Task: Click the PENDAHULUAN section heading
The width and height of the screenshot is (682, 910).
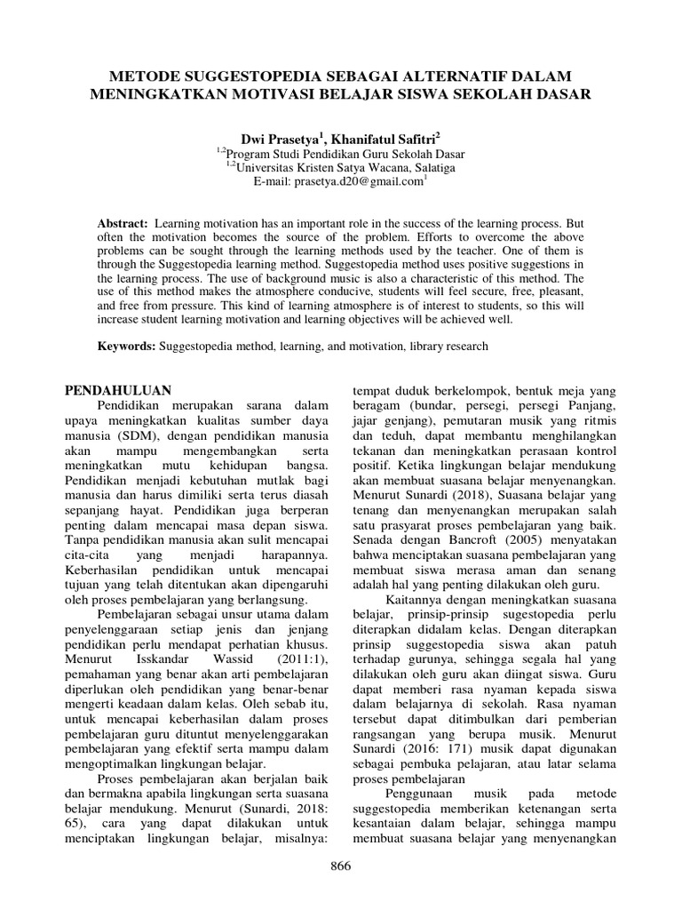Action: point(120,390)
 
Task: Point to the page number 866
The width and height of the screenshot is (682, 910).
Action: point(341,866)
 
